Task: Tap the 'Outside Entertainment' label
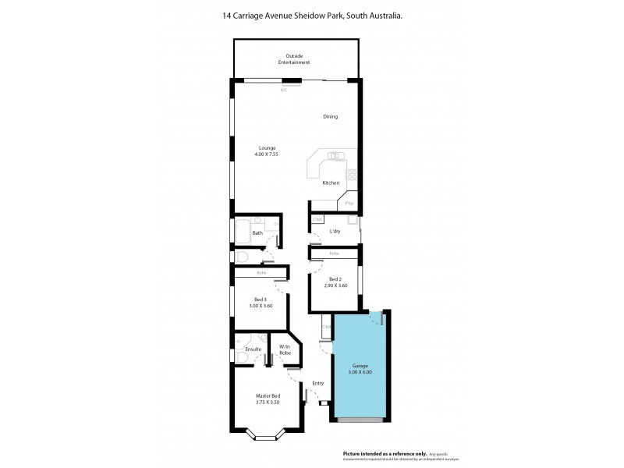pyautogui.click(x=297, y=58)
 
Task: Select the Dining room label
pyautogui.click(x=331, y=117)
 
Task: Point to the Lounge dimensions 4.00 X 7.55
pyautogui.click(x=266, y=154)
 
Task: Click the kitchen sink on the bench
pyautogui.click(x=335, y=154)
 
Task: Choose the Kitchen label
pyautogui.click(x=331, y=183)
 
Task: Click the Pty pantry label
pyautogui.click(x=349, y=203)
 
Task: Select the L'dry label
pyautogui.click(x=335, y=232)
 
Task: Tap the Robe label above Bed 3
pyautogui.click(x=261, y=273)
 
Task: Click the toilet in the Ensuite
pyautogui.click(x=243, y=358)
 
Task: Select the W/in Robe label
pyautogui.click(x=285, y=349)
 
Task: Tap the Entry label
pyautogui.click(x=318, y=383)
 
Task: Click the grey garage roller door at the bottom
pyautogui.click(x=360, y=420)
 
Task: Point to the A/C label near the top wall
pyautogui.click(x=284, y=90)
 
